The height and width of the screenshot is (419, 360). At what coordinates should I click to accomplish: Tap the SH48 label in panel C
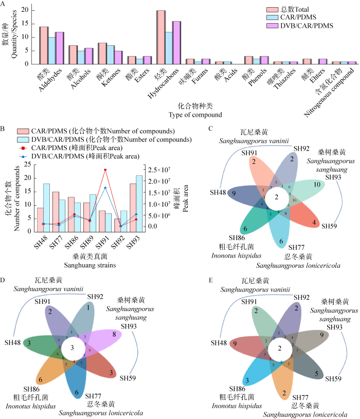coord(219,192)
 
